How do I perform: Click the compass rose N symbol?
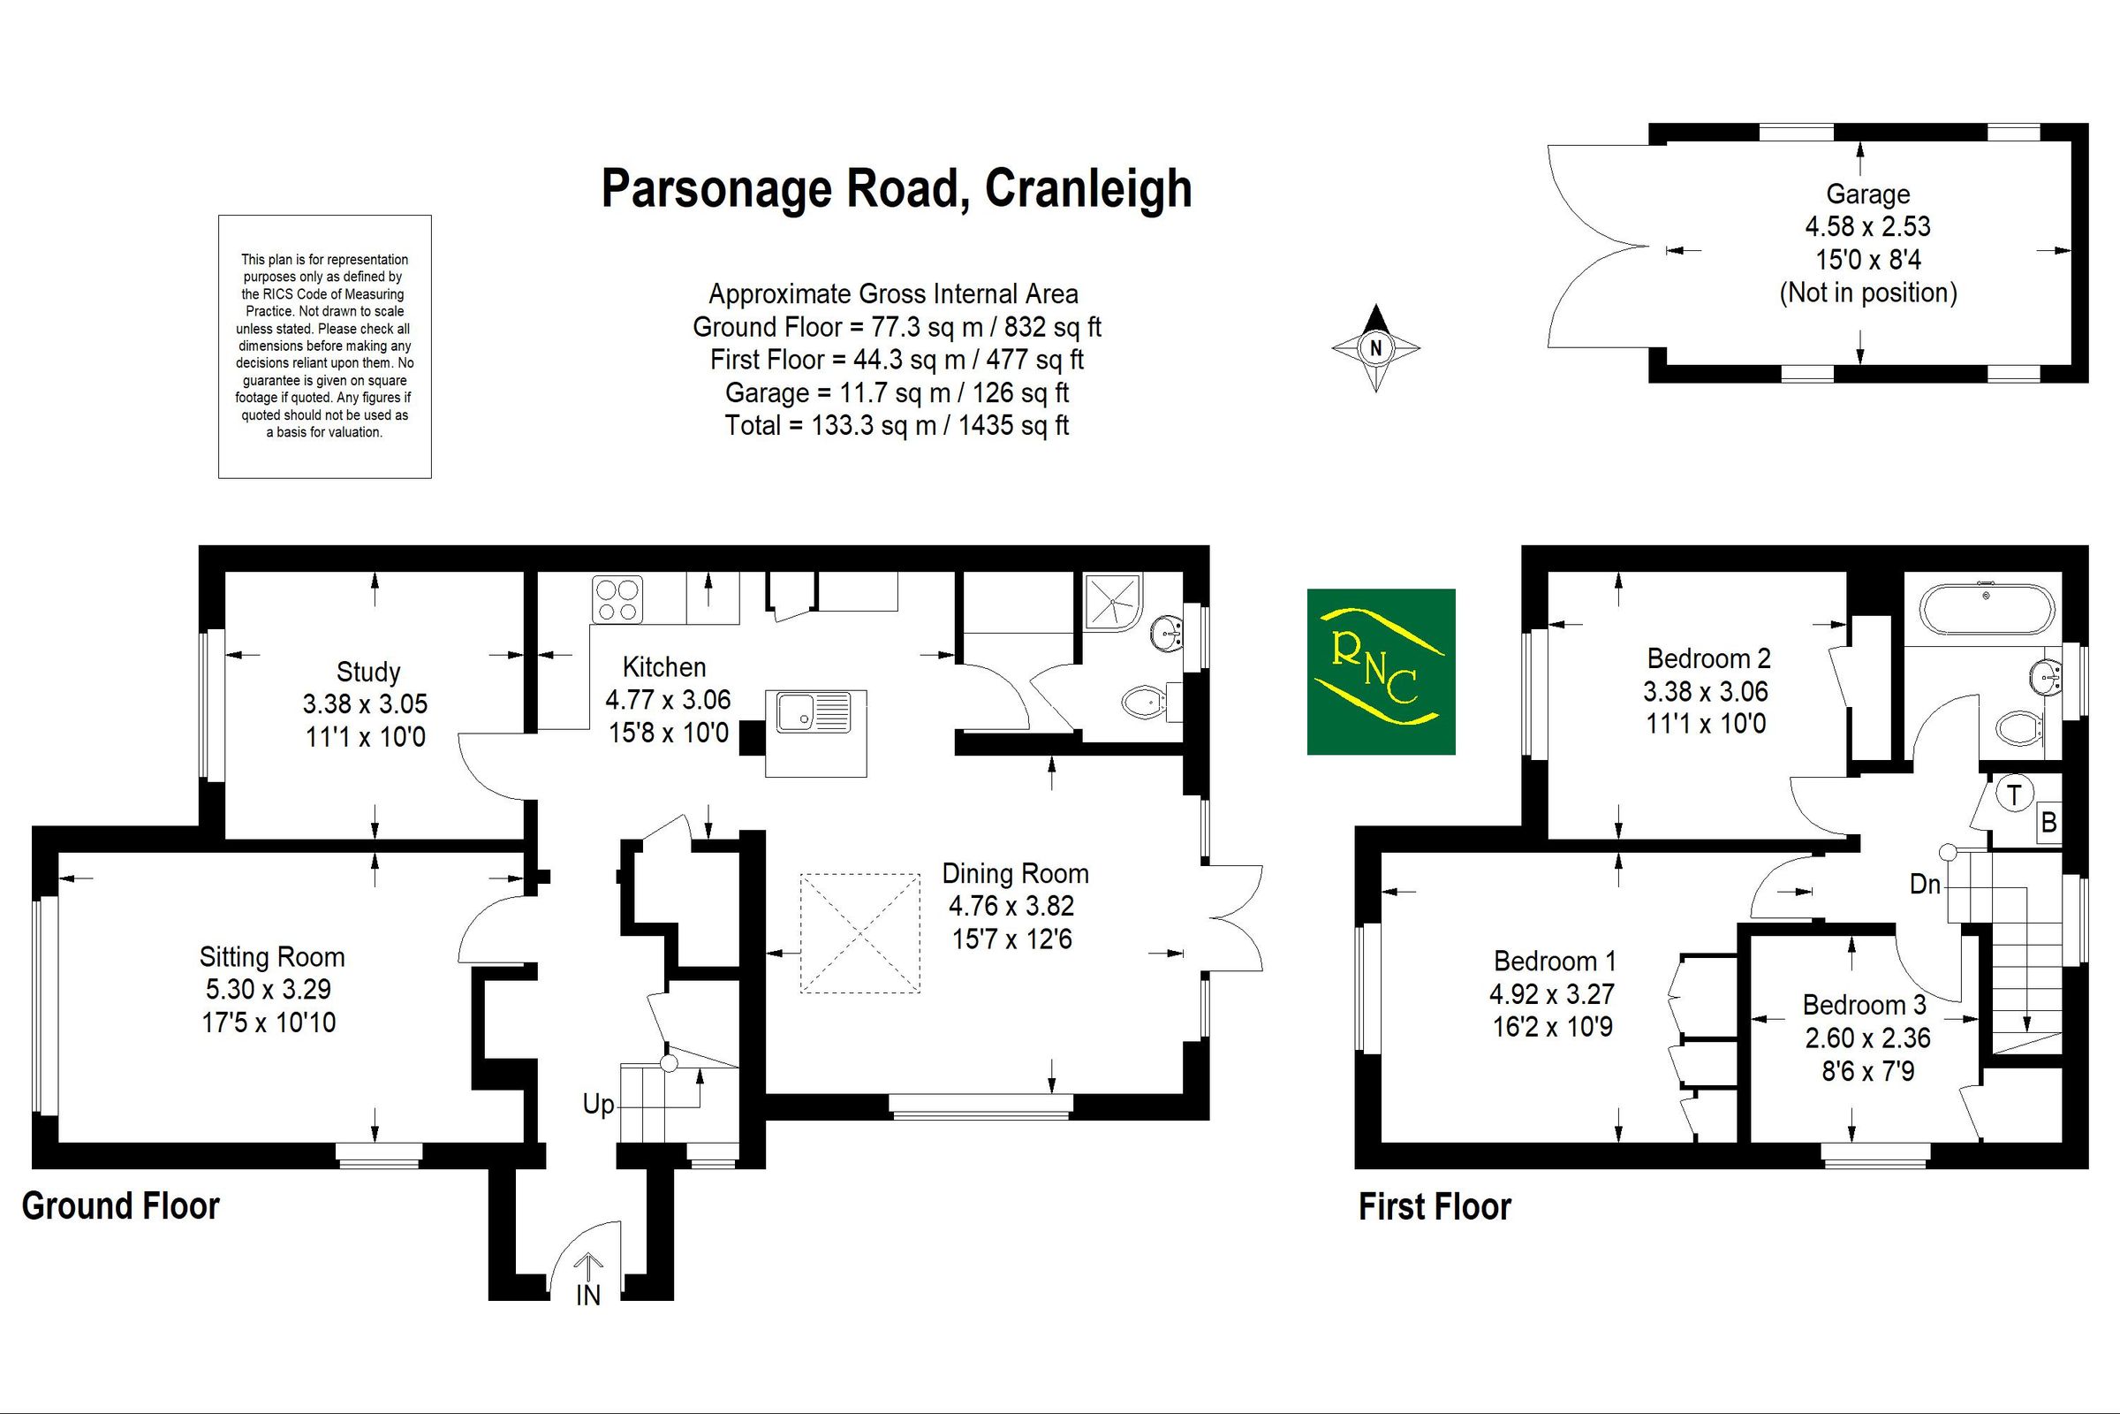[1375, 348]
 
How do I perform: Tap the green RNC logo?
[1381, 671]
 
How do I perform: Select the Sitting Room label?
[271, 957]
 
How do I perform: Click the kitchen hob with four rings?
[617, 600]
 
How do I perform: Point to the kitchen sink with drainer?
[814, 711]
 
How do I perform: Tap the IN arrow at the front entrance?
[587, 1281]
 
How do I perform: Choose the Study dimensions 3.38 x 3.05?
[365, 704]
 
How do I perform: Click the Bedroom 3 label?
[1864, 1005]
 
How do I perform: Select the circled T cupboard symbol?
[2014, 794]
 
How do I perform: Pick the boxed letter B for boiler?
[2048, 823]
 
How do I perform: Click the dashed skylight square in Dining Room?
[859, 932]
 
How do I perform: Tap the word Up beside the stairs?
[599, 1105]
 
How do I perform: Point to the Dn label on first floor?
[1925, 885]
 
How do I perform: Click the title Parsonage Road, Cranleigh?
[896, 189]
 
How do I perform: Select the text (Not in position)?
[1867, 293]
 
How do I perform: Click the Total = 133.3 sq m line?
[896, 426]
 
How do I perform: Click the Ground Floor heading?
[121, 1206]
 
